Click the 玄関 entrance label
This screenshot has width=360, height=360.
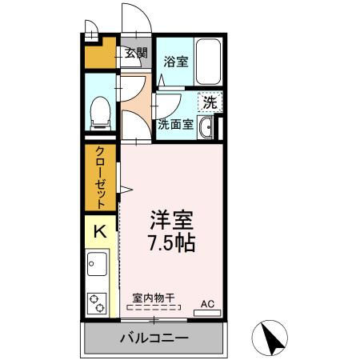point(136,54)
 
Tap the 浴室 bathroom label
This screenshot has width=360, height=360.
point(176,61)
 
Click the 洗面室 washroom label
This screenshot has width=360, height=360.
point(175,124)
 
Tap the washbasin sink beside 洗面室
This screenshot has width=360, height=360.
point(206,126)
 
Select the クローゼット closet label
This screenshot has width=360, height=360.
point(102,178)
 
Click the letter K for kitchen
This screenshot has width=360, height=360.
point(101,232)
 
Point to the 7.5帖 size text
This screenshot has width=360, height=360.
point(173,242)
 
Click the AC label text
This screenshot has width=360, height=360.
point(207,303)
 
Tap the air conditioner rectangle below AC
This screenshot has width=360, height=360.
point(207,313)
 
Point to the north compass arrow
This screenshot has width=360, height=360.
point(274,338)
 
